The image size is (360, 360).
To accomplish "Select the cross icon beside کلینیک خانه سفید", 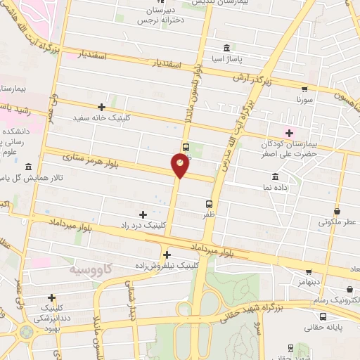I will [102, 107].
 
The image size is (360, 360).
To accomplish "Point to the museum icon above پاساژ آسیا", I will [226, 48].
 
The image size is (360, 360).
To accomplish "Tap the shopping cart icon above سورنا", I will [304, 89].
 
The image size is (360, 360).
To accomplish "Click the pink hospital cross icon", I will [288, 131].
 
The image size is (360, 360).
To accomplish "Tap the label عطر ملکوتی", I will [337, 222].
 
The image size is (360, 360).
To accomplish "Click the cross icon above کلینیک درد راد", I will [143, 214].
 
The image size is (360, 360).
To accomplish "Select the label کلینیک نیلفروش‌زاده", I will [166, 266].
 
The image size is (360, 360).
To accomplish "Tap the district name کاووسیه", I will [93, 269].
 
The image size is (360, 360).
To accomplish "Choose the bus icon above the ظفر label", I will [186, 147].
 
